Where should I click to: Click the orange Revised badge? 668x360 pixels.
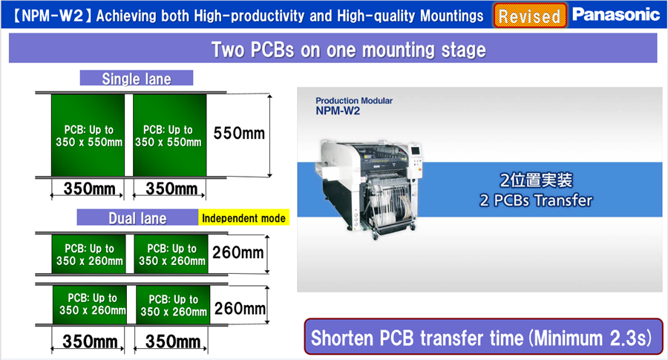pos(530,16)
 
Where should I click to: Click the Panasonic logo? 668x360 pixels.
pos(616,15)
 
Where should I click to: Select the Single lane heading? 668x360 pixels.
pos(137,79)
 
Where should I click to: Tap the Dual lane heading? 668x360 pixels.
pos(137,217)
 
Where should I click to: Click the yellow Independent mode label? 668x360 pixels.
pos(243,217)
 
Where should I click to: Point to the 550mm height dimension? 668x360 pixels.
pos(239,134)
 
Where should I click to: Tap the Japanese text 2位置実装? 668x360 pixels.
pos(536,180)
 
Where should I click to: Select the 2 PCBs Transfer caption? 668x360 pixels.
pos(536,200)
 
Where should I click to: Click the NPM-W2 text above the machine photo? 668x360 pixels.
pos(338,111)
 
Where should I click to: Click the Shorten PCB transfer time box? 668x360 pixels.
pos(483,337)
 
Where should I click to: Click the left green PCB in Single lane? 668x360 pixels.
pos(88,135)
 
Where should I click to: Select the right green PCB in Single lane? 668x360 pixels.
pos(169,135)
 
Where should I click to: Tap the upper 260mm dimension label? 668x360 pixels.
pos(238,252)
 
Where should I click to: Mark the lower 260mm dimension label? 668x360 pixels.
pos(240,308)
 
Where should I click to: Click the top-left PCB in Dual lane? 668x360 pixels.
pos(88,255)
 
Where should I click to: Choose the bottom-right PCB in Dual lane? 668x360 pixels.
pos(173,305)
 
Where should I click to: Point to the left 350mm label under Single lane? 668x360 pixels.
pos(90,189)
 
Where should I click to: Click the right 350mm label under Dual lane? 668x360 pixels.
pos(172,341)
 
